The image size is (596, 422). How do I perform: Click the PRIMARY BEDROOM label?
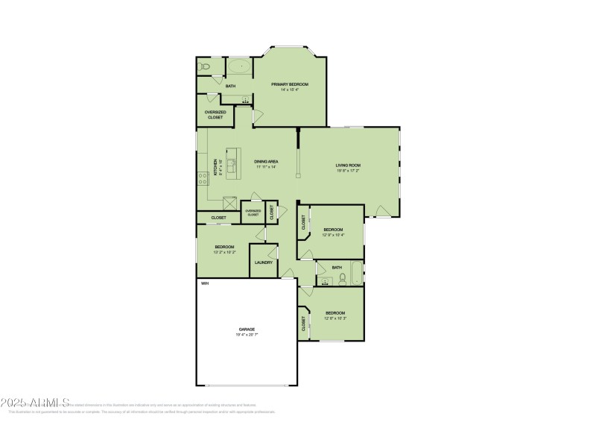pyautogui.click(x=290, y=84)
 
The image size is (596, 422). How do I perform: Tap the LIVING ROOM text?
pyautogui.click(x=348, y=165)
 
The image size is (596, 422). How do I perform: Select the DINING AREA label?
pyautogui.click(x=265, y=161)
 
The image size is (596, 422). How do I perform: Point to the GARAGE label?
pyautogui.click(x=247, y=329)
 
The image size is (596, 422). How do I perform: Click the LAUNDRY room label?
pyautogui.click(x=263, y=262)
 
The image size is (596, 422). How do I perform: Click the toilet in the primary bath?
pyautogui.click(x=206, y=68)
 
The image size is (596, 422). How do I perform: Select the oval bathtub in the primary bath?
pyautogui.click(x=239, y=66)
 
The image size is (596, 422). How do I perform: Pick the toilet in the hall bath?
pyautogui.click(x=342, y=279)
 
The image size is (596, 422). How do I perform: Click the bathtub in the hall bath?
pyautogui.click(x=357, y=274)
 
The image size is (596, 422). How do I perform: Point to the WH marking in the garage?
pyautogui.click(x=204, y=283)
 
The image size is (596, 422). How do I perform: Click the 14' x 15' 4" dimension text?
pyautogui.click(x=290, y=90)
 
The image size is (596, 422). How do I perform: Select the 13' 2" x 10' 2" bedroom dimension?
pyautogui.click(x=225, y=252)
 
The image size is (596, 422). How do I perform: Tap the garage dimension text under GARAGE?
pyautogui.click(x=247, y=335)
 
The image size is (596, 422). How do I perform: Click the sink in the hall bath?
pyautogui.click(x=325, y=282)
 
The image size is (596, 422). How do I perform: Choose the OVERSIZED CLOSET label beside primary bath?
pyautogui.click(x=215, y=115)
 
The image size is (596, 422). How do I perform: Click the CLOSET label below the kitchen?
pyautogui.click(x=218, y=218)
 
